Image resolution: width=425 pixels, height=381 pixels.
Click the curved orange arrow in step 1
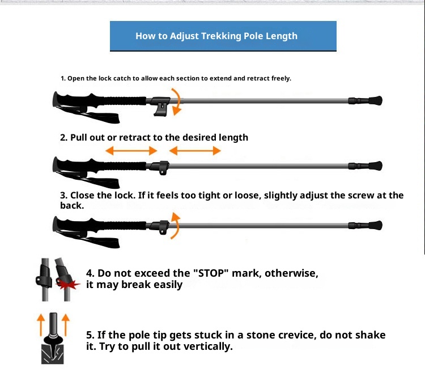tap(177, 101)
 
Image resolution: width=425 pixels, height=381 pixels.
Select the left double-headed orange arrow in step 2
tap(131, 151)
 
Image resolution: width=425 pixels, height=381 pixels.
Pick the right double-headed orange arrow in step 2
tap(195, 151)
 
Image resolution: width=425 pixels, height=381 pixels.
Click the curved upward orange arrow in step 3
tap(177, 226)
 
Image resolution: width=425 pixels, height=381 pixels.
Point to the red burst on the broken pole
tap(67, 284)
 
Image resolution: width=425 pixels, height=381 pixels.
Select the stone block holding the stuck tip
tap(52, 354)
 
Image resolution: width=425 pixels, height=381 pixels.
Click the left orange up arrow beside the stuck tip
tap(41, 325)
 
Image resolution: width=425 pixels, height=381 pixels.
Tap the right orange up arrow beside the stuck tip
tap(66, 325)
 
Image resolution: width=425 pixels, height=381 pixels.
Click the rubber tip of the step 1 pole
tap(375, 100)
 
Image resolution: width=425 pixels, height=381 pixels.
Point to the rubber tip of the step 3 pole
tap(375, 225)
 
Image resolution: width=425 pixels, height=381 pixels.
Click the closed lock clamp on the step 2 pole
tap(161, 168)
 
